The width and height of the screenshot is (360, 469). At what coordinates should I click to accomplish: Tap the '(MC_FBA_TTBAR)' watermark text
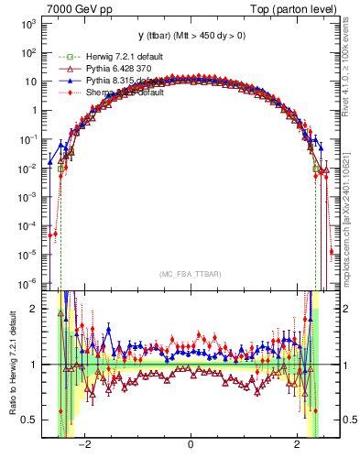point(190,274)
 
